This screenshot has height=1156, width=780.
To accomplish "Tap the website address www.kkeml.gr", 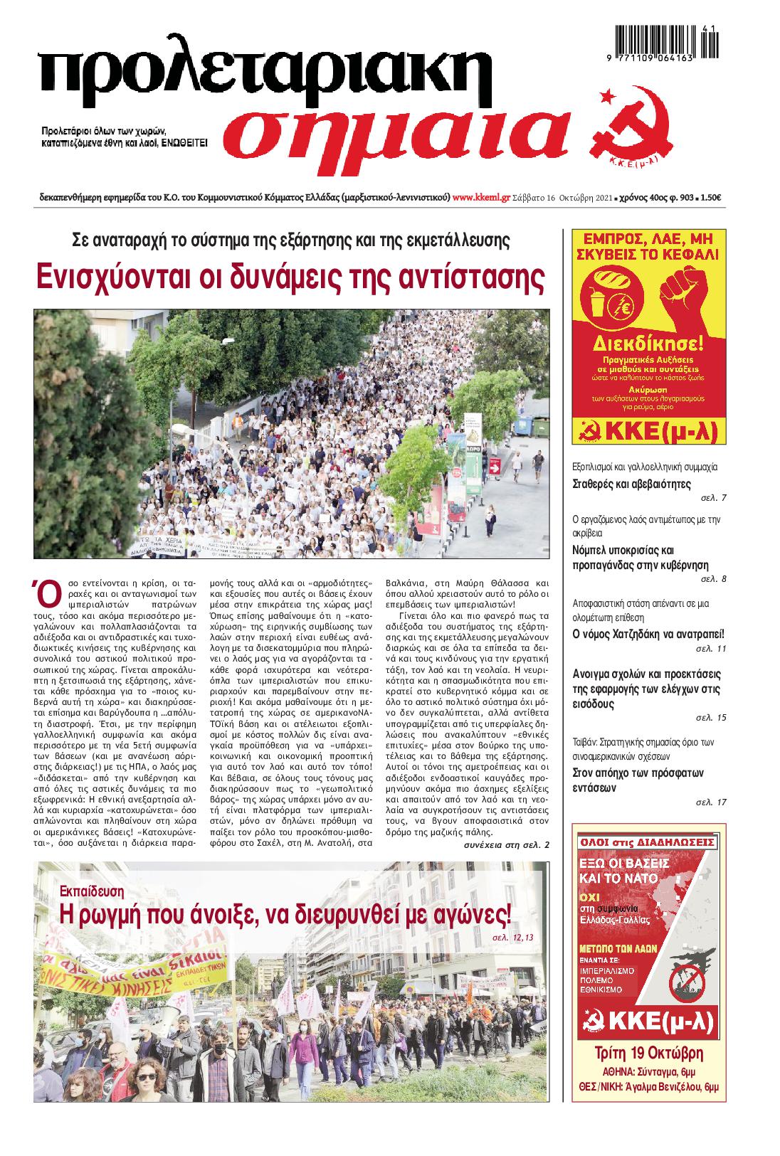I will point(481,198).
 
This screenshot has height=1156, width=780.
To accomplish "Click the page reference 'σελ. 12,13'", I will point(512,938).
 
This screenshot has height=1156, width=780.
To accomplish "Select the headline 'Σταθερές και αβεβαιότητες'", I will point(621,484).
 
